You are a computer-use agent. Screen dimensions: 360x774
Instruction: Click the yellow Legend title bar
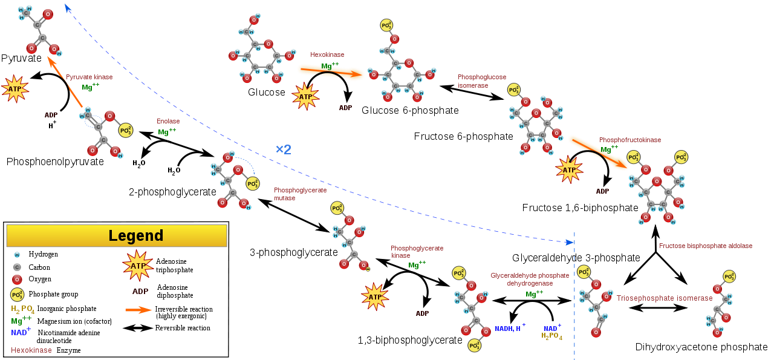117,235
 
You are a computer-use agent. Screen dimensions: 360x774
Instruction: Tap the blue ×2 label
283,149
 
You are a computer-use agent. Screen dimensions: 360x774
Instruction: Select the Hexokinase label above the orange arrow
327,54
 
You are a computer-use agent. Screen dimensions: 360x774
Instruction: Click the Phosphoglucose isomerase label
481,81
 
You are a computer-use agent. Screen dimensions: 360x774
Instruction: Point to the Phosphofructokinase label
629,140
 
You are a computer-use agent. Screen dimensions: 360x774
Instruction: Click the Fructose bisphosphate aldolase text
705,246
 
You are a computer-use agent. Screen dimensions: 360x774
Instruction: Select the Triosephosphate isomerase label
664,298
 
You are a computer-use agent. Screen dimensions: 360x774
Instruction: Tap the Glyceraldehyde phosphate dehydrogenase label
530,279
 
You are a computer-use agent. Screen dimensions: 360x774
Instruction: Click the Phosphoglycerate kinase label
417,251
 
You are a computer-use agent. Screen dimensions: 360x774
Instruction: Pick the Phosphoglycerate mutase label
300,194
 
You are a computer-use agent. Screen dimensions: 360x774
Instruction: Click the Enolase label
168,121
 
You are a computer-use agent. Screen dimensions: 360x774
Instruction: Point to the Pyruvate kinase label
89,77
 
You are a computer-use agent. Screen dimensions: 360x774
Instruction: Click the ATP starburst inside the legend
138,266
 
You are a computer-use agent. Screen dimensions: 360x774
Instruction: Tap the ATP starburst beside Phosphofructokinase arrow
569,170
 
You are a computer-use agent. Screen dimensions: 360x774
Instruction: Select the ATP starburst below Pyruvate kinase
15,89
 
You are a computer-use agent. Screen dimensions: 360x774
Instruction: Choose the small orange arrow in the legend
138,310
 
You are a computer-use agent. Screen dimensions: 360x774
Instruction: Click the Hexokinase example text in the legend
31,350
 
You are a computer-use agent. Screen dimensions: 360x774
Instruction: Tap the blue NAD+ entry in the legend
20,332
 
